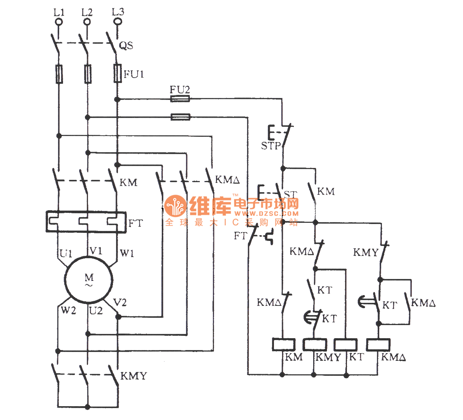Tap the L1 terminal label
[59, 12]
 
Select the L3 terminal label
[118, 12]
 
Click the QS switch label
[126, 46]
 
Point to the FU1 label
[134, 74]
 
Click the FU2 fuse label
[180, 90]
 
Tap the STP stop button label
[271, 146]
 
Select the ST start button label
[290, 194]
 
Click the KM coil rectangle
[284, 344]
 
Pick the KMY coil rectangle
[315, 344]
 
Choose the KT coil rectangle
[345, 344]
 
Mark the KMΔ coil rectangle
[378, 344]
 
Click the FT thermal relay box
[86, 222]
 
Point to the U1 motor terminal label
[66, 254]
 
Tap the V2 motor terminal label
[120, 303]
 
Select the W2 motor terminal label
[68, 310]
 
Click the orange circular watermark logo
[175, 206]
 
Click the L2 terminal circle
[87, 22]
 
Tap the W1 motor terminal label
[127, 253]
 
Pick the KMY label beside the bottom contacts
[133, 376]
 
